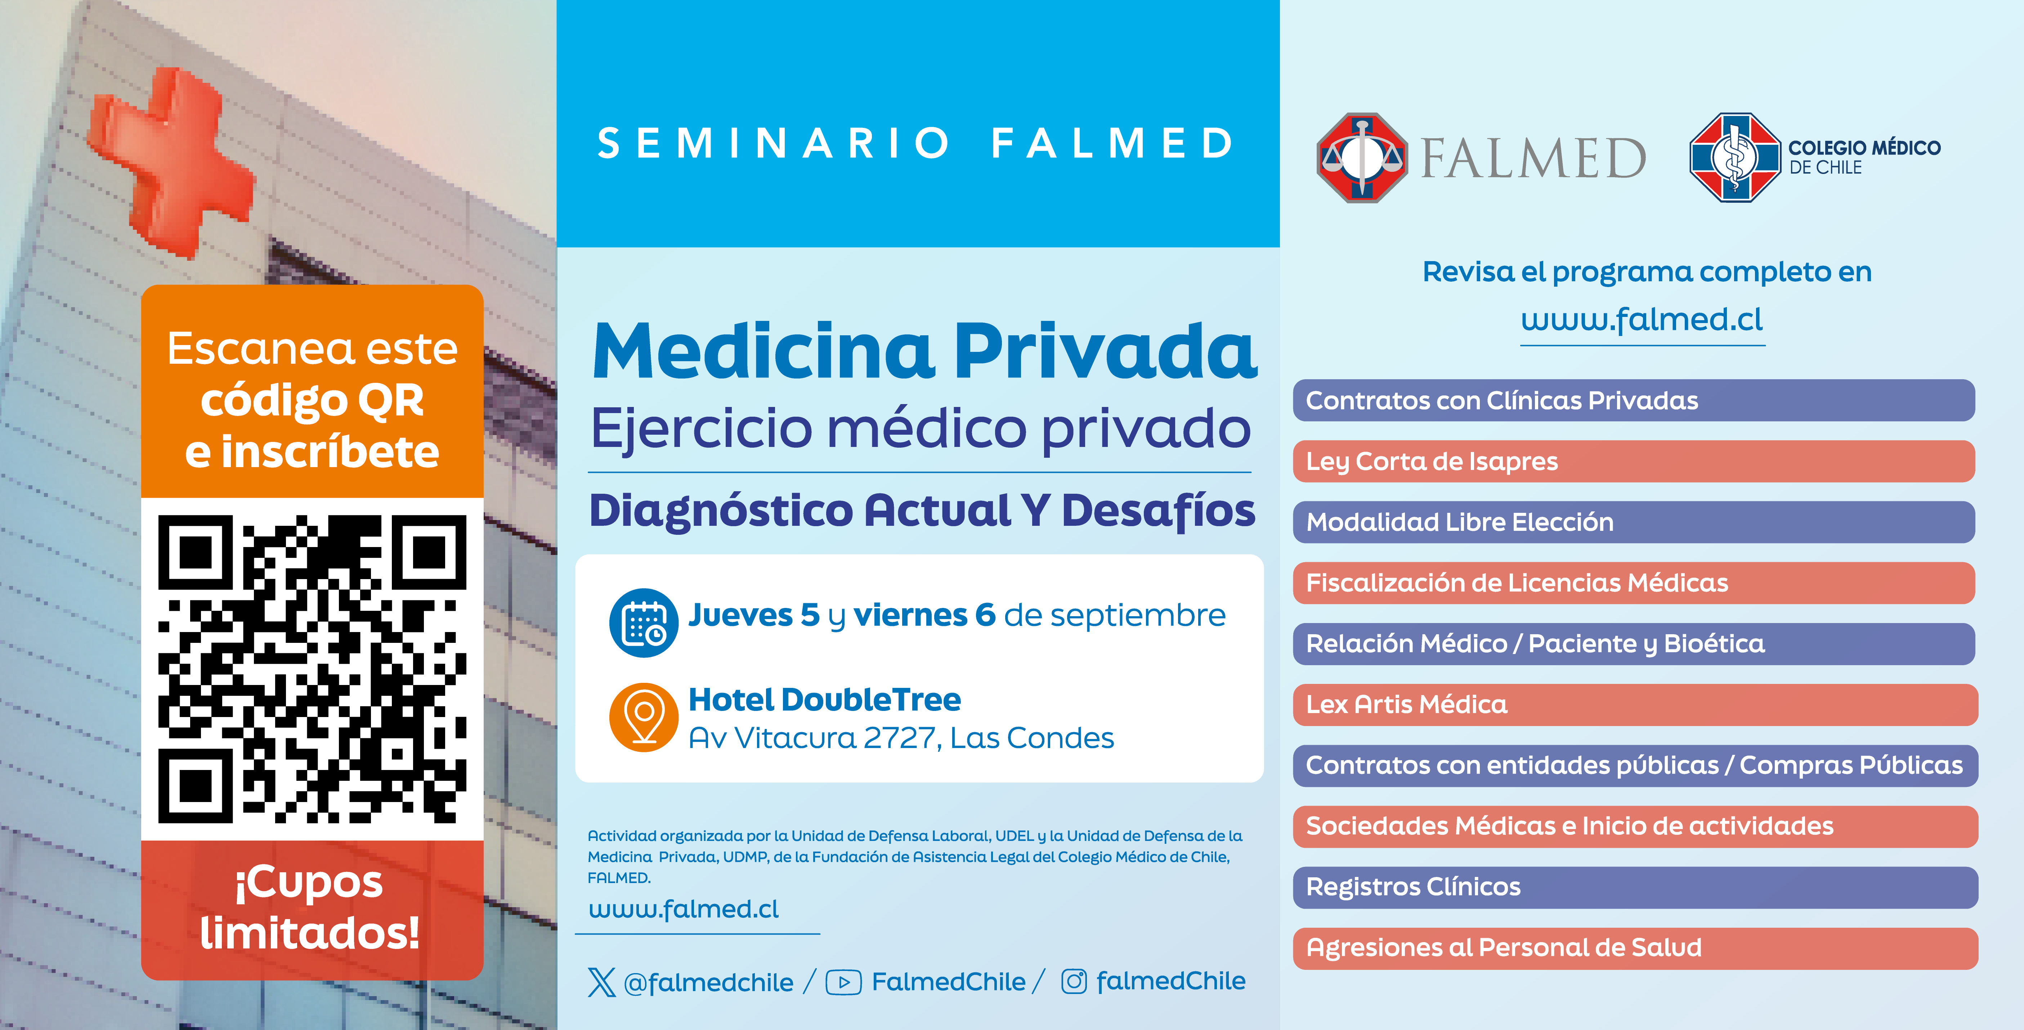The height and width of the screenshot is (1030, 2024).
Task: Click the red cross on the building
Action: (169, 161)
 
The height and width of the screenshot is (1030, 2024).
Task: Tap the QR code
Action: (312, 668)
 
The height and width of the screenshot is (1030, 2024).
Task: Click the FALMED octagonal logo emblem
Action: (1362, 157)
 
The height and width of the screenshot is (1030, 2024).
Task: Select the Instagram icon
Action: (1074, 981)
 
